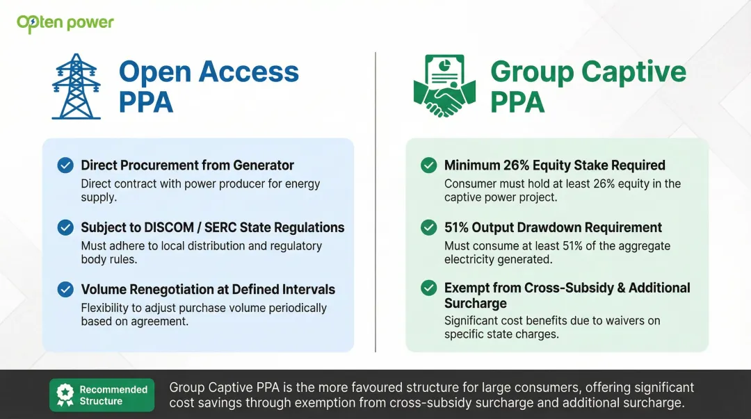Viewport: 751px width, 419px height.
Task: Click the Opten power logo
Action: (x=65, y=23)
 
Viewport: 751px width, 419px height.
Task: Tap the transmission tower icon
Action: (x=76, y=86)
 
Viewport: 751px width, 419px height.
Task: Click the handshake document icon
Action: (x=444, y=86)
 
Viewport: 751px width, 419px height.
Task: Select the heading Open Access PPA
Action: (x=209, y=86)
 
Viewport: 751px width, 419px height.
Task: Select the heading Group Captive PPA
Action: (x=588, y=86)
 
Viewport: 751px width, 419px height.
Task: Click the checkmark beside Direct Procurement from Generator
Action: (x=65, y=165)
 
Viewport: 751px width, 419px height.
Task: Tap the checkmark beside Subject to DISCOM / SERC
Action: (x=65, y=227)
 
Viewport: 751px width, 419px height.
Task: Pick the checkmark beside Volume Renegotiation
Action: (x=65, y=289)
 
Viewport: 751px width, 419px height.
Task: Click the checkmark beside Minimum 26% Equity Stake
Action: (x=429, y=165)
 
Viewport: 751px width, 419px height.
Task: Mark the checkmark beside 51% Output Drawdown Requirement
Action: (x=429, y=227)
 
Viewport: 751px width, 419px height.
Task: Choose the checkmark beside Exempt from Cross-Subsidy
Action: (x=429, y=288)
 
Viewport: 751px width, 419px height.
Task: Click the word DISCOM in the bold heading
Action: (x=168, y=227)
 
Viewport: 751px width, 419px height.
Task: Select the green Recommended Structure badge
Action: (x=102, y=395)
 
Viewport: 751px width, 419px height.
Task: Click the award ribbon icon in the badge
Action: (x=65, y=395)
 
